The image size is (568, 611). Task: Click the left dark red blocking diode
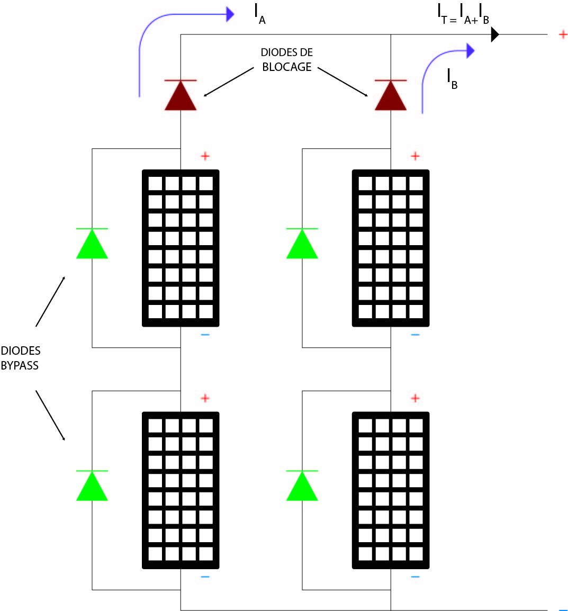[181, 96]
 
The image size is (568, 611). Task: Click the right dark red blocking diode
[391, 96]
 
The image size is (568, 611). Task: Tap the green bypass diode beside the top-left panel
[92, 244]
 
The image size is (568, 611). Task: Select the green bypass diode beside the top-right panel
[302, 244]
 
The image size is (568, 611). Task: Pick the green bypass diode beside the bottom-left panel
[92, 486]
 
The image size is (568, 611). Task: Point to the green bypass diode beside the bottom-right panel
[302, 486]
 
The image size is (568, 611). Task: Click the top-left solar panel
[181, 248]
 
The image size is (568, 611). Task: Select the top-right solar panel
[391, 248]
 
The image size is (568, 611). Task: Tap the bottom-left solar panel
[181, 490]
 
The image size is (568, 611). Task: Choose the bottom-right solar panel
[391, 490]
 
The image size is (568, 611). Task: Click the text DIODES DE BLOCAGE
[287, 60]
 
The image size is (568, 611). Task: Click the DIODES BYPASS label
[20, 358]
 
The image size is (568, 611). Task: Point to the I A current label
[259, 14]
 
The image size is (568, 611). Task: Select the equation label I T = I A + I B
[463, 14]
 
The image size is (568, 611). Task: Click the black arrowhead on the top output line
[495, 34]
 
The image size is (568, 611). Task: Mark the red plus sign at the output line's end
[563, 34]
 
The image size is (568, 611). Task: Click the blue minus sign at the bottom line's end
[563, 609]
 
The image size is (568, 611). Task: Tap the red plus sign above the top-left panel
[205, 156]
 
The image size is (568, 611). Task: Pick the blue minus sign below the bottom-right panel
[415, 577]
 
